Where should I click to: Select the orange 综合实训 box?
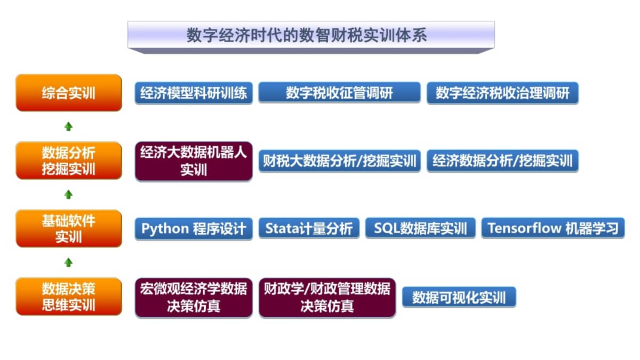[69, 93]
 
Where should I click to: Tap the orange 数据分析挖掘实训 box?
[69, 161]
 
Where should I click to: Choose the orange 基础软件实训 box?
[69, 229]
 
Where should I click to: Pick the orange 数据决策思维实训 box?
[69, 297]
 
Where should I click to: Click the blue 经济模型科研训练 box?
[194, 93]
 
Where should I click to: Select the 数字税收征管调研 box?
[339, 93]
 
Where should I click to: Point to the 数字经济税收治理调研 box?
[502, 93]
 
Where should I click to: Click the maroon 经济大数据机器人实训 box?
[194, 161]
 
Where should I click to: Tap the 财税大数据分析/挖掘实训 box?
[339, 161]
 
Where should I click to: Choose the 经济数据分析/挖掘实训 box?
[502, 161]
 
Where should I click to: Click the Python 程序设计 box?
[194, 229]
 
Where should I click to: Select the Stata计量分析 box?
[309, 228]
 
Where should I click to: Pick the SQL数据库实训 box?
[420, 228]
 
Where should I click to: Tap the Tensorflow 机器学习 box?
[553, 228]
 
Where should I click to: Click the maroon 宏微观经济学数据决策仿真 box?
[194, 298]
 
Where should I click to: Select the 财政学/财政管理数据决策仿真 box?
[327, 298]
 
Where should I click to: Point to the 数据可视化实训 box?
[459, 297]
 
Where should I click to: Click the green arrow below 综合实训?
[68, 126]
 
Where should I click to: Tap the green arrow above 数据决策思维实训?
[68, 262]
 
